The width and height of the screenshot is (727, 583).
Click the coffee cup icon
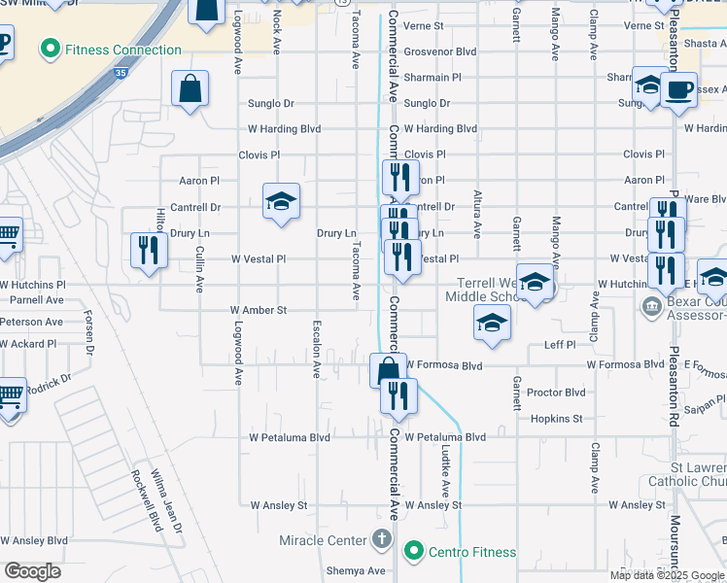point(678,90)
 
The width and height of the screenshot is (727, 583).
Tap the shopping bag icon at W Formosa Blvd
point(387,369)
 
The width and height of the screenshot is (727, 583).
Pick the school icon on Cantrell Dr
point(281,201)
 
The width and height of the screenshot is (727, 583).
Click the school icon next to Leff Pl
point(493,323)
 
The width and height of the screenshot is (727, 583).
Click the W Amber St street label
point(259,311)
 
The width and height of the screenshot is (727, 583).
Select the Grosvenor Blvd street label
point(440,51)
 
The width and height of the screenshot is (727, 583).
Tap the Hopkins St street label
point(556,418)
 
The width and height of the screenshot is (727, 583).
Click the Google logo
point(32,571)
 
